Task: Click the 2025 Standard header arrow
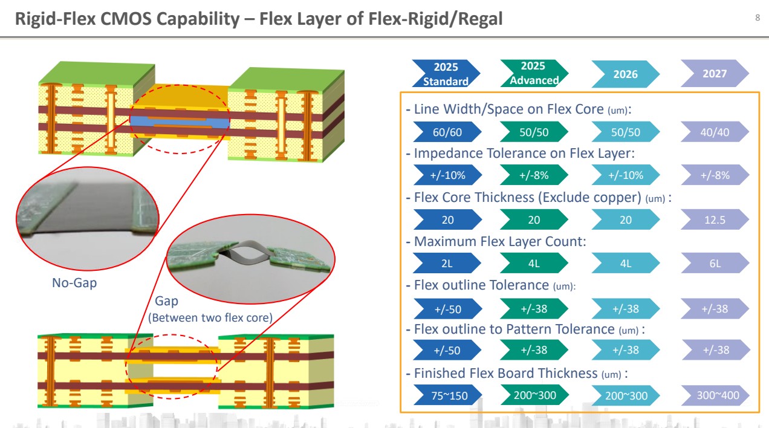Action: pos(446,74)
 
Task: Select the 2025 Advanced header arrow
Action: pos(533,73)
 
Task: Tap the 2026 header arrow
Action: pos(625,74)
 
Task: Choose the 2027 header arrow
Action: pos(715,74)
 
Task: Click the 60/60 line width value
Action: pos(447,132)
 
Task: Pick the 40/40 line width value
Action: pos(715,132)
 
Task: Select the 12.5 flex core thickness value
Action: pos(715,219)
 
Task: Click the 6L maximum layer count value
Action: pos(715,264)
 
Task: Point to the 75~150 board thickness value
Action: pos(448,396)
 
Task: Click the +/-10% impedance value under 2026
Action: pos(625,175)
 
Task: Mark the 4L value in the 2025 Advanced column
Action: pos(534,264)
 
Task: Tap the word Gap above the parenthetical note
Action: pos(167,301)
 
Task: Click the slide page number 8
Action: pos(758,18)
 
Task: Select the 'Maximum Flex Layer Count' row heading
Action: pos(500,242)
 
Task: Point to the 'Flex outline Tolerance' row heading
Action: pos(480,285)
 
